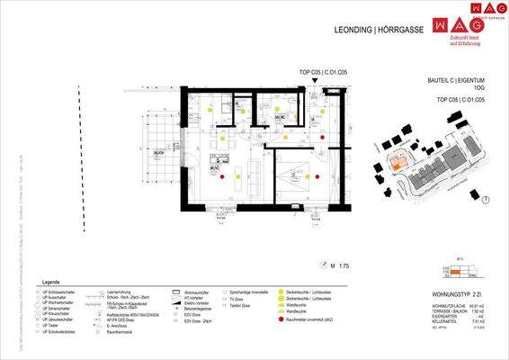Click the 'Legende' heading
tap(50, 281)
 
